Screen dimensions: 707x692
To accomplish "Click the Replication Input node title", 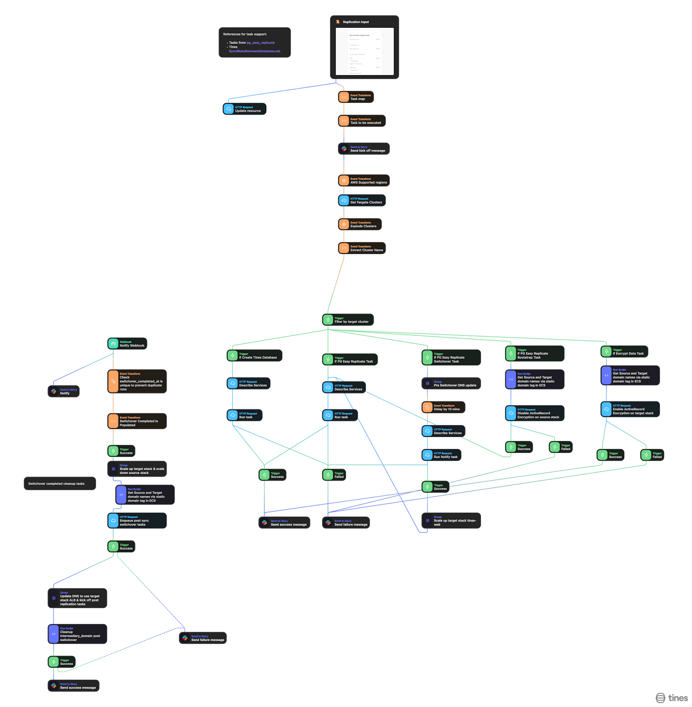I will [356, 22].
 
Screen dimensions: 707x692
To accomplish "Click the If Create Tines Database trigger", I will [254, 355].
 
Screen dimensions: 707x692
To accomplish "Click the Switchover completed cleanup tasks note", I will [59, 484].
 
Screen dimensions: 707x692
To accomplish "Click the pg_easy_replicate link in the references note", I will [260, 43].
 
